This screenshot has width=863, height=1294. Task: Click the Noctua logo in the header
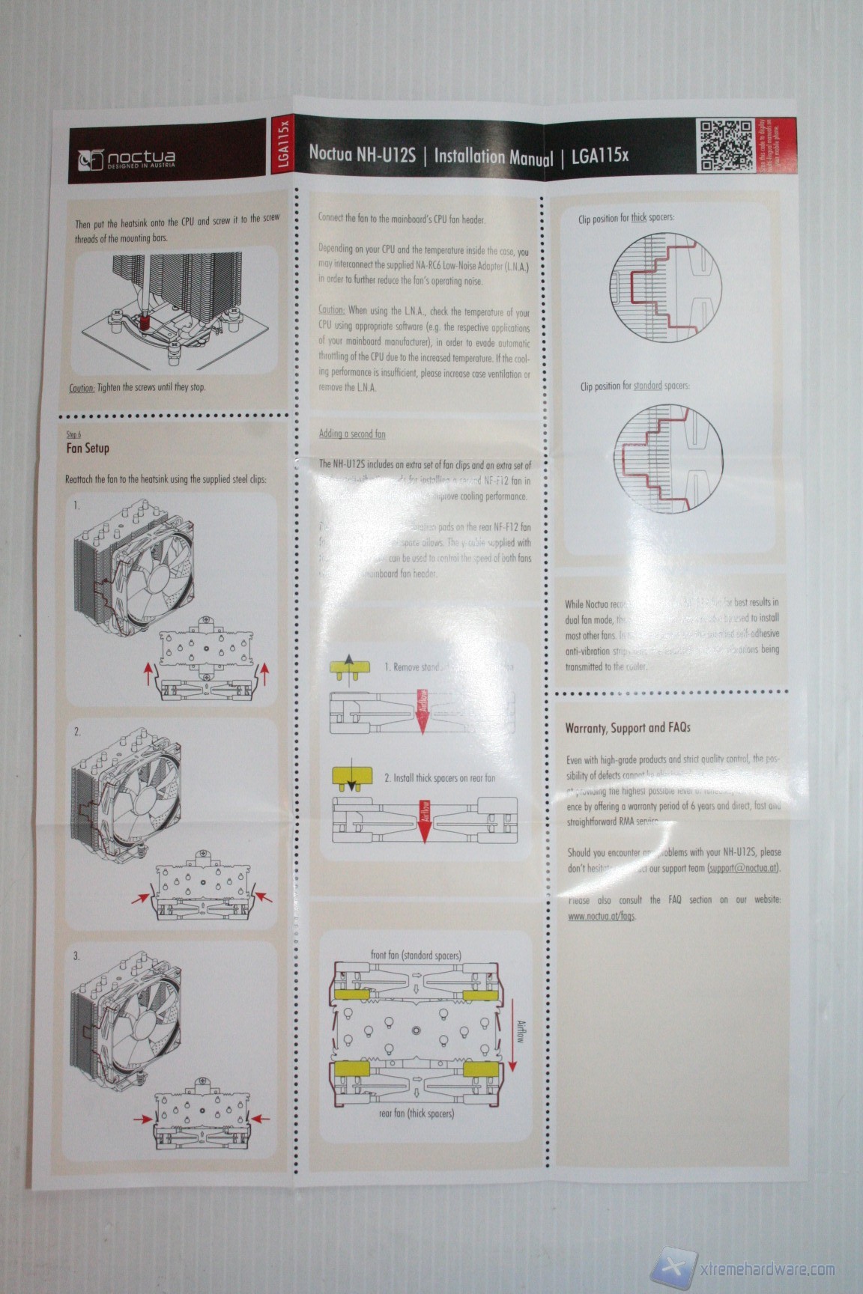(128, 159)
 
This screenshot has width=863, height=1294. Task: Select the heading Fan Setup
(88, 448)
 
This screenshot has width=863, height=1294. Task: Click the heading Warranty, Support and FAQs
(628, 727)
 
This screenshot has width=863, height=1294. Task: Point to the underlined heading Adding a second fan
(352, 434)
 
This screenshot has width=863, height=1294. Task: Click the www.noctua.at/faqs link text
(602, 916)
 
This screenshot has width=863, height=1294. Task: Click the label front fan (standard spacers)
(416, 955)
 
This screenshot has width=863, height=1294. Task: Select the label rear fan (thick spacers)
(417, 1114)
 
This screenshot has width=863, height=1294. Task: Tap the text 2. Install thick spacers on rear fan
(440, 778)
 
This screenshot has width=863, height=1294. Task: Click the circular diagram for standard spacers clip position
(669, 457)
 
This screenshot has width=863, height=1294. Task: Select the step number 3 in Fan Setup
(76, 956)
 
